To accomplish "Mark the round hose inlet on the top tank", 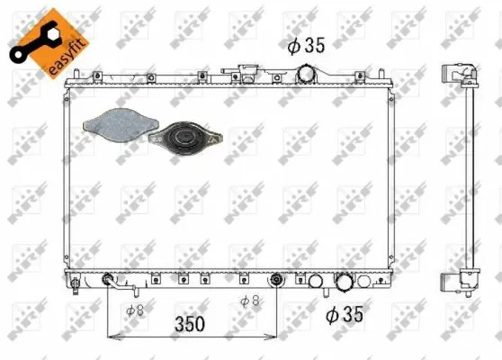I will [309, 73].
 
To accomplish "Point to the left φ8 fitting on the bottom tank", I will [110, 280].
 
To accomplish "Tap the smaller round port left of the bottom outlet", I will [315, 283].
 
